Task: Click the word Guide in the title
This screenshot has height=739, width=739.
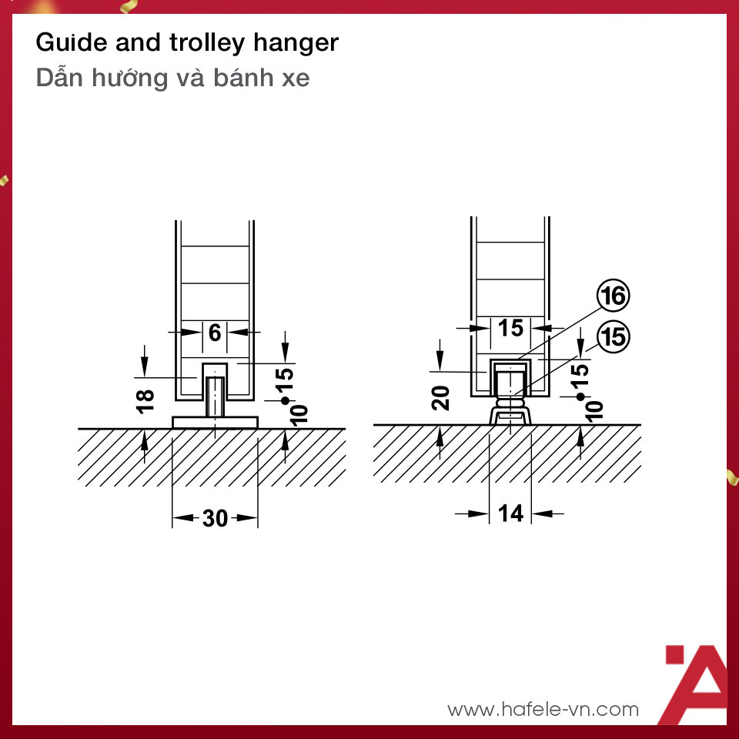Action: pos(72,42)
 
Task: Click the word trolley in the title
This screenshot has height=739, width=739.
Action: pos(207,43)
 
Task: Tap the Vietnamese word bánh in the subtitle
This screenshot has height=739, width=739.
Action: pos(243,77)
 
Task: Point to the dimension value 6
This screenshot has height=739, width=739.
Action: pos(215,333)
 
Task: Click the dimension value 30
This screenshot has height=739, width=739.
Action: pos(216,518)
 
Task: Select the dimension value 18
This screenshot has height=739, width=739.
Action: pos(145,402)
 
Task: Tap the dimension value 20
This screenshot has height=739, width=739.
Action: pos(440,398)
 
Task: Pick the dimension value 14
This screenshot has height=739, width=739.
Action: pos(511,513)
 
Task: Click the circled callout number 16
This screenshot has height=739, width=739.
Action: pos(614,296)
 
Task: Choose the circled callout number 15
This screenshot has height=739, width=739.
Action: pos(614,336)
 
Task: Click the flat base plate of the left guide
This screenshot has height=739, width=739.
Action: pos(216,423)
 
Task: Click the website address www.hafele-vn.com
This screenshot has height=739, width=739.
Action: pos(543,709)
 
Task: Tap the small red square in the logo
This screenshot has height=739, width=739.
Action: pos(674,654)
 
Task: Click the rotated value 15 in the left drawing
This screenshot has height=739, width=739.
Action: pos(285,380)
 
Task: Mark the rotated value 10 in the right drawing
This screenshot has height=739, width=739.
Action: pos(594,410)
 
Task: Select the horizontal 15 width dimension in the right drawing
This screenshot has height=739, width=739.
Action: pos(511,328)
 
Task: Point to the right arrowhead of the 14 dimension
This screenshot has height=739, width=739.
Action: pos(542,513)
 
